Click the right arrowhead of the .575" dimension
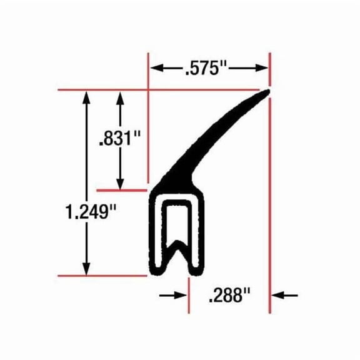262,68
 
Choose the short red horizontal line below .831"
121,188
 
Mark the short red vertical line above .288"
187,294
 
